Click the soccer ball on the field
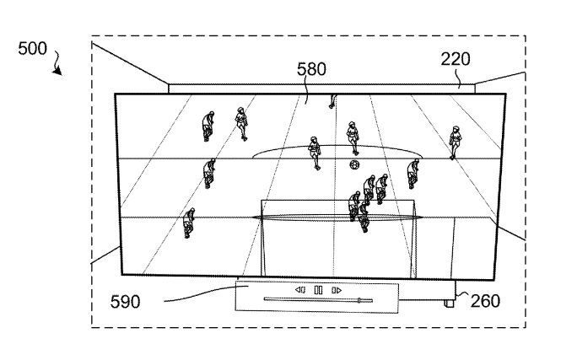click(355, 164)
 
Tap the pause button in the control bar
click(318, 290)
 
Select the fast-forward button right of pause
click(336, 290)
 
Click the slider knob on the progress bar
click(359, 299)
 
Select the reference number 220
click(456, 59)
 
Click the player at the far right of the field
click(456, 142)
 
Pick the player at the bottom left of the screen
click(190, 223)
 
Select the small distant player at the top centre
click(332, 102)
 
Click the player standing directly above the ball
click(353, 137)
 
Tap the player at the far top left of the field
click(208, 126)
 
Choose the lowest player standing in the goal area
click(363, 218)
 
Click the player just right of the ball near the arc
click(413, 173)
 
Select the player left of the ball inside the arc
click(315, 151)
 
